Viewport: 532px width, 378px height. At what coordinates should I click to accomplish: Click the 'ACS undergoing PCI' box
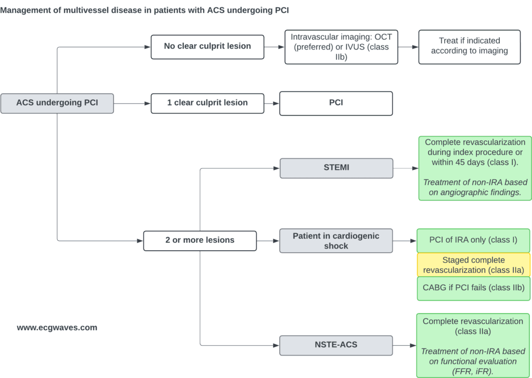point(57,103)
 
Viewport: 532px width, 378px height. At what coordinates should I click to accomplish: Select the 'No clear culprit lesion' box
point(207,47)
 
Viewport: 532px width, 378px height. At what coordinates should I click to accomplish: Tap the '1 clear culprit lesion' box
point(207,103)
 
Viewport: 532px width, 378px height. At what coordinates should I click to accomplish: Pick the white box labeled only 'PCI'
point(336,103)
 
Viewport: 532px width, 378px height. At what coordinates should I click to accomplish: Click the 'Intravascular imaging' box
point(341,47)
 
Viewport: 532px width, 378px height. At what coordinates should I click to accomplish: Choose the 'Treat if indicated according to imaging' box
point(470,47)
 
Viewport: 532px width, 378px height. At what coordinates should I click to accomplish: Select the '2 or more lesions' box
point(200,241)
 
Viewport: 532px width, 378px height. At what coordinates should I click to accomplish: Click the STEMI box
point(336,168)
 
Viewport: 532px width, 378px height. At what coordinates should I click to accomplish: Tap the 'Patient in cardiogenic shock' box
point(336,241)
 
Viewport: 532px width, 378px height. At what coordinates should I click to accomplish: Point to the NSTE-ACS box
point(336,345)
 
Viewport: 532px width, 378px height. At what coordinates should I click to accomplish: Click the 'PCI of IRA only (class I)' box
point(473,241)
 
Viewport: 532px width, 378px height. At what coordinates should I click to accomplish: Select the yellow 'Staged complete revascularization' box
point(474,265)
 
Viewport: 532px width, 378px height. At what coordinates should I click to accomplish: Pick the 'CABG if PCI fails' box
point(474,289)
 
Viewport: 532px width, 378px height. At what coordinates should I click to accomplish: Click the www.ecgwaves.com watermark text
point(57,328)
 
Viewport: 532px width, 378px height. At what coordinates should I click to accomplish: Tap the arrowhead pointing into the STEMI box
point(276,168)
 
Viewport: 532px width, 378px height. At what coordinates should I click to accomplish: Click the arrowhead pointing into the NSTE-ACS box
point(276,345)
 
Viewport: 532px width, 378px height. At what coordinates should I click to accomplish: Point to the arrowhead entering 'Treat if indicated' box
point(415,47)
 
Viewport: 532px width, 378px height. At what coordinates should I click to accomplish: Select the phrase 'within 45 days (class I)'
point(475,162)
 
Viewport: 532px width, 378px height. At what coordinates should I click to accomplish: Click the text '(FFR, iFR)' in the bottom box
point(473,372)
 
